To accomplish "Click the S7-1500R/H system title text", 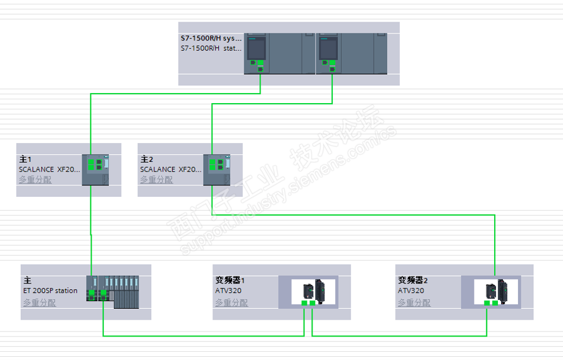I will pyautogui.click(x=211, y=38).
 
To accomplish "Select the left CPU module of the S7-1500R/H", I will pyautogui.click(x=257, y=53).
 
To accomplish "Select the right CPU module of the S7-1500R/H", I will pyautogui.click(x=328, y=53).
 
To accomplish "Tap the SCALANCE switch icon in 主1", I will pyautogui.click(x=96, y=169).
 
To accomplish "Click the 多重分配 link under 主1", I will pyautogui.click(x=35, y=180).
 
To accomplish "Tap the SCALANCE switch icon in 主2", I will pyautogui.click(x=217, y=169).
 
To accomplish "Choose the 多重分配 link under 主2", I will pyautogui.click(x=156, y=180).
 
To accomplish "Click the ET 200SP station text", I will pyautogui.click(x=50, y=291).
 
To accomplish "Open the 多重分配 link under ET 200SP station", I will pyautogui.click(x=39, y=302).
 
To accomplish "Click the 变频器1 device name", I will pyautogui.click(x=230, y=280).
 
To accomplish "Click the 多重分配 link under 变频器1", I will pyautogui.click(x=232, y=302).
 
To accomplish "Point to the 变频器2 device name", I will pyautogui.click(x=412, y=280).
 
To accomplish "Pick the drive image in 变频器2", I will pyautogui.click(x=495, y=291).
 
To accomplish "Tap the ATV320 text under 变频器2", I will pyautogui.click(x=411, y=291).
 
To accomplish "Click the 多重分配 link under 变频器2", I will pyautogui.click(x=414, y=302).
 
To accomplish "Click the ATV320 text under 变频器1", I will pyautogui.click(x=228, y=291).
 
